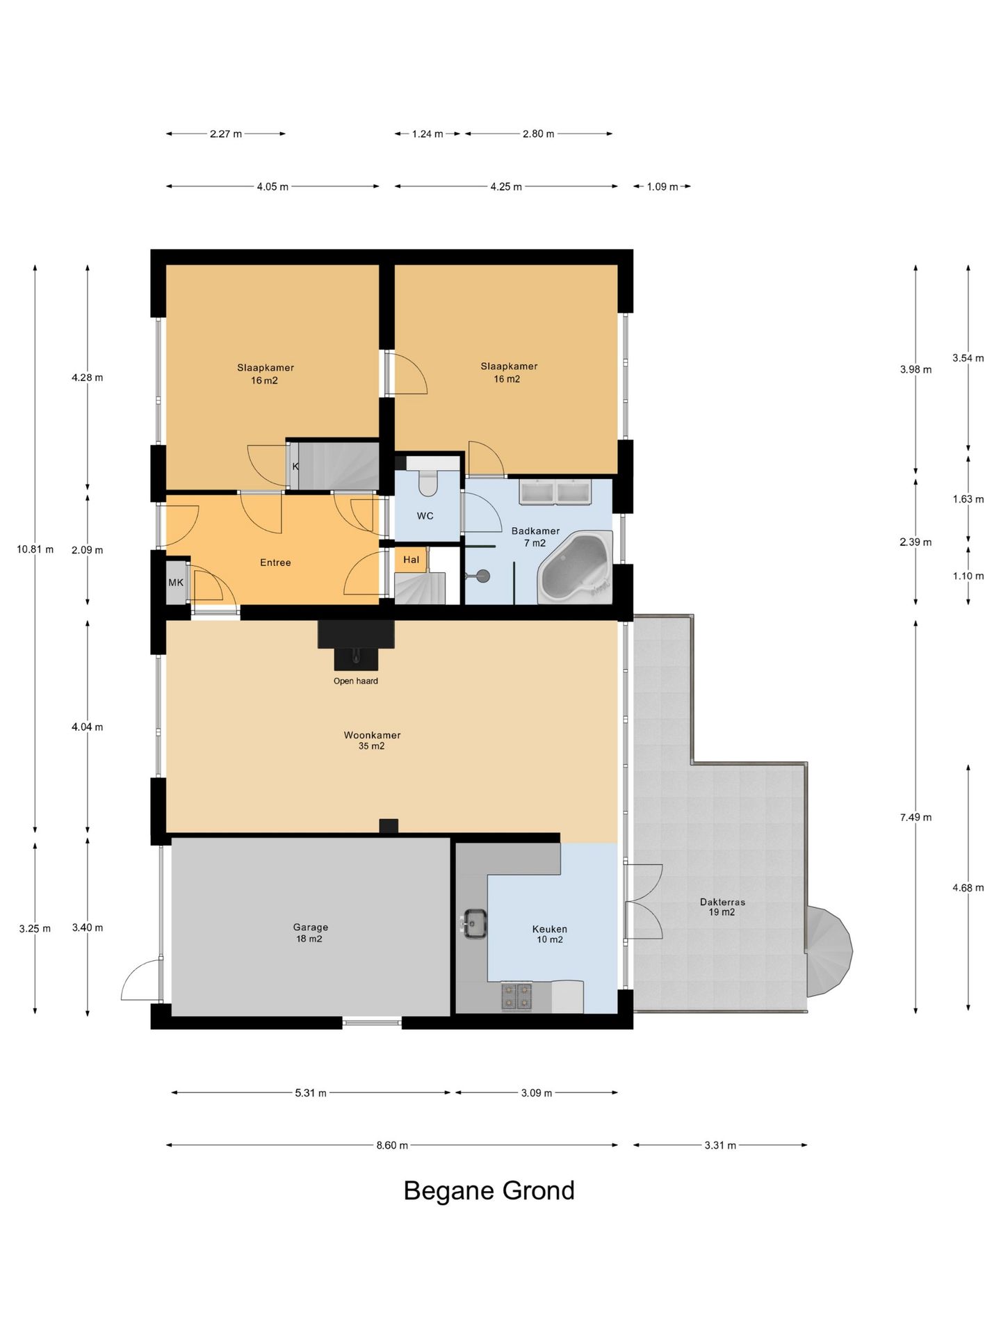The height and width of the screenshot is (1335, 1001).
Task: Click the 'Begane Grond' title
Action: coord(489,1190)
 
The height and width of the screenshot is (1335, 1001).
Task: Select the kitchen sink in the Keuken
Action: coord(475,924)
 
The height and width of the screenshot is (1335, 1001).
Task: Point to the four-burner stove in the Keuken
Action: coord(516,995)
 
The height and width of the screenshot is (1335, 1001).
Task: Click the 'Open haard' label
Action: coord(356,681)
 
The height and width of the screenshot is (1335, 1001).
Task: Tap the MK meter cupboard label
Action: coord(176,582)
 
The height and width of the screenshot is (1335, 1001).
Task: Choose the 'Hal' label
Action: coord(411,559)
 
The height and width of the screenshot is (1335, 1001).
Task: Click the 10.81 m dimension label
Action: coord(35,549)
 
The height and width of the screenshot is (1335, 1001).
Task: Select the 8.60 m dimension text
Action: coord(392,1145)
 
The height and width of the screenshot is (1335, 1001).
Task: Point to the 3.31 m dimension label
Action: coord(720,1145)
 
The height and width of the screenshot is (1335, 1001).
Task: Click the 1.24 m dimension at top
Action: coord(428,133)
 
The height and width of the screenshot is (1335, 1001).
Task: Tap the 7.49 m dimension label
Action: coord(915,817)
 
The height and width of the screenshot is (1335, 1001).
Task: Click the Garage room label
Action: coord(310,932)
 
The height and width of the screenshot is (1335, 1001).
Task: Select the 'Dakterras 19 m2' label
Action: coord(722,907)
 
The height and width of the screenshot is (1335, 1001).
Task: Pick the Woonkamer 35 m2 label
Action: coord(372,741)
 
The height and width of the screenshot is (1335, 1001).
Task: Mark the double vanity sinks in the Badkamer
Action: coord(555,492)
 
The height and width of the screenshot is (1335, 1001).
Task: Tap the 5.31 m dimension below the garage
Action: coord(311,1092)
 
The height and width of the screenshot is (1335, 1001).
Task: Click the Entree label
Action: coord(275,563)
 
